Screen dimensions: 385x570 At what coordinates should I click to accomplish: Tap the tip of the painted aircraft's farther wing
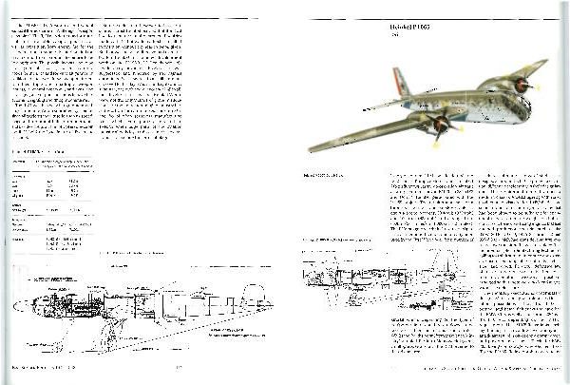pyautogui.click(x=544, y=64)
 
